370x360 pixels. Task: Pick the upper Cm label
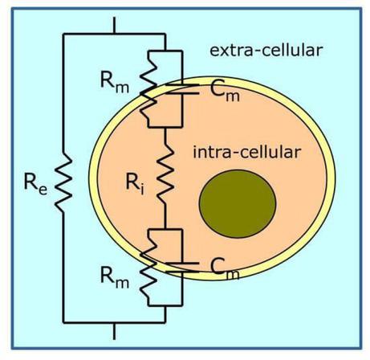point(210,95)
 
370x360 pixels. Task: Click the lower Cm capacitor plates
point(183,265)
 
